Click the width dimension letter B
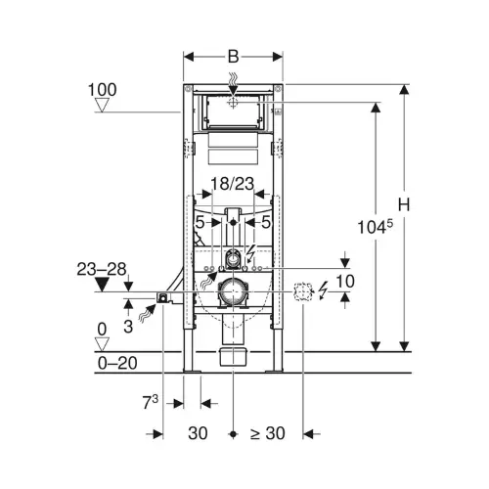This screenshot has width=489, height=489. click(233, 57)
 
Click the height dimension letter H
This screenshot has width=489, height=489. click(404, 205)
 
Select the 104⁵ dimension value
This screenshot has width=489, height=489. click(376, 227)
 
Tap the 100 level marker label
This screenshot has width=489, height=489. click(103, 90)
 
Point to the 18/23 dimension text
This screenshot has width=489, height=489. click(233, 184)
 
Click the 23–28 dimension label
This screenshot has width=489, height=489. click(102, 270)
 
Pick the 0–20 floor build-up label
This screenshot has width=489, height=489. click(117, 363)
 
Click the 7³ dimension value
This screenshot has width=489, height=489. click(151, 402)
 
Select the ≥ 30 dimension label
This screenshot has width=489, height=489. click(268, 433)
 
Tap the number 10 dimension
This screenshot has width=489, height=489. click(345, 281)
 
